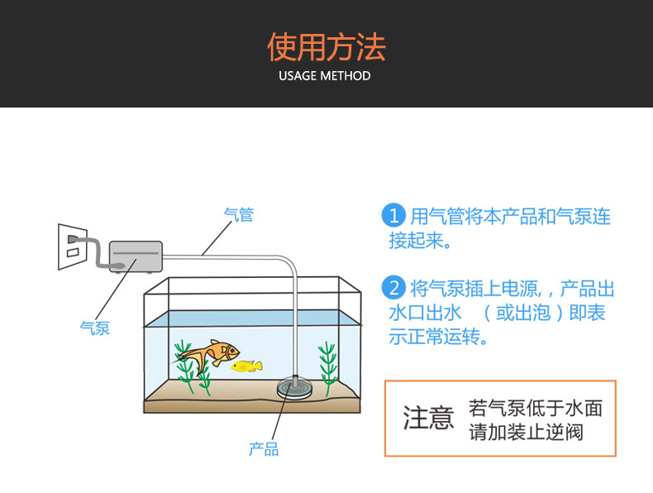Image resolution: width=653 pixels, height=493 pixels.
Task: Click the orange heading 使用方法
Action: pos(326,47)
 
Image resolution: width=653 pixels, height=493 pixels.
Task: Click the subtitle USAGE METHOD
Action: pos(325,76)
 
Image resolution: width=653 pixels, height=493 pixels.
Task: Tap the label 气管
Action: pos(239,215)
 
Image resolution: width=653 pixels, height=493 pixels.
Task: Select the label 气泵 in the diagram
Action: pos(94,328)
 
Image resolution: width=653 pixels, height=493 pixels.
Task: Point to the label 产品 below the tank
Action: pos(264,449)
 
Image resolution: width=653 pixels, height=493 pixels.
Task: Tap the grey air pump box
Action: pos(136,254)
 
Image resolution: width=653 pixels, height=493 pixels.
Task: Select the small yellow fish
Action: pos(246,366)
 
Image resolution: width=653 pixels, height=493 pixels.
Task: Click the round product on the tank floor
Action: pos(295,388)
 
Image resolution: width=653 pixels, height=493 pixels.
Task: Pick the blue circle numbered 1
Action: pos(393,217)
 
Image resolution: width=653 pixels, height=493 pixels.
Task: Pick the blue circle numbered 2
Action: pos(393,289)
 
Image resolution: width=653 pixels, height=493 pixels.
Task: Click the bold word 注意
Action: pos(428,418)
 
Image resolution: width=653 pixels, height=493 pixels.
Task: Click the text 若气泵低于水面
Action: pos(536,407)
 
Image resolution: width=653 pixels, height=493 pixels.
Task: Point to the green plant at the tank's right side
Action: pos(328,370)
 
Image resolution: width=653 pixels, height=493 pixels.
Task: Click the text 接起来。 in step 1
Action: pos(421,241)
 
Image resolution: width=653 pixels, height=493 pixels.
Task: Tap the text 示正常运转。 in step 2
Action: pos(438,337)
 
